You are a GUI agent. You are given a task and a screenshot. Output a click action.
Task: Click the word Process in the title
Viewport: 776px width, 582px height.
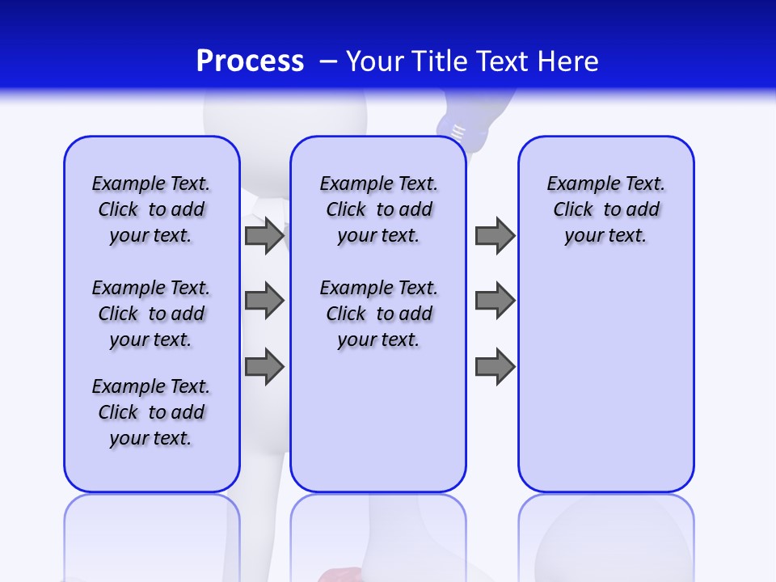tap(250, 61)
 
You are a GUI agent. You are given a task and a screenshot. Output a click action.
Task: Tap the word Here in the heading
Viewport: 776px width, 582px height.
tap(568, 61)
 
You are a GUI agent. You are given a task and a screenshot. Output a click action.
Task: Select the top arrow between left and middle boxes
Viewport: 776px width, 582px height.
tap(264, 235)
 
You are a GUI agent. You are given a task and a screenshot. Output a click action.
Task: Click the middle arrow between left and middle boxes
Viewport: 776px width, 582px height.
tap(264, 301)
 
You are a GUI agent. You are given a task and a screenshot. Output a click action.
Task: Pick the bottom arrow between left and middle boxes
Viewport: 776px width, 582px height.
tap(264, 365)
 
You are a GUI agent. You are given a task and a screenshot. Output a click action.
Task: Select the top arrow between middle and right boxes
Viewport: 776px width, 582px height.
tap(495, 235)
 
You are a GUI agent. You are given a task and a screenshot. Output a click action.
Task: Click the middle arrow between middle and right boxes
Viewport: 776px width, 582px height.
tap(495, 301)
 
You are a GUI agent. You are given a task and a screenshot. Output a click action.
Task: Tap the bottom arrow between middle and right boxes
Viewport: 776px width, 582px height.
tap(495, 365)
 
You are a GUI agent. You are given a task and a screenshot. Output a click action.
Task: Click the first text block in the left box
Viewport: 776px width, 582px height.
tap(151, 209)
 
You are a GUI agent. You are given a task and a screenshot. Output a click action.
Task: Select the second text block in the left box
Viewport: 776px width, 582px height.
tap(151, 314)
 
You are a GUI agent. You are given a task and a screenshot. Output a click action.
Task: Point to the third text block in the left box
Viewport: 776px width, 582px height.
tap(151, 412)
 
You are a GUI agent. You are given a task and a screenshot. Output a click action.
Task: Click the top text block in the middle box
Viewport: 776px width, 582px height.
tap(378, 209)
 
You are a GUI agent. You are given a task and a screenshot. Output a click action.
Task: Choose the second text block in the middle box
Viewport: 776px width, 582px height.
tap(378, 314)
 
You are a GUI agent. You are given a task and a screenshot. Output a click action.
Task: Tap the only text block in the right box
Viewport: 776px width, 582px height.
tap(605, 209)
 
